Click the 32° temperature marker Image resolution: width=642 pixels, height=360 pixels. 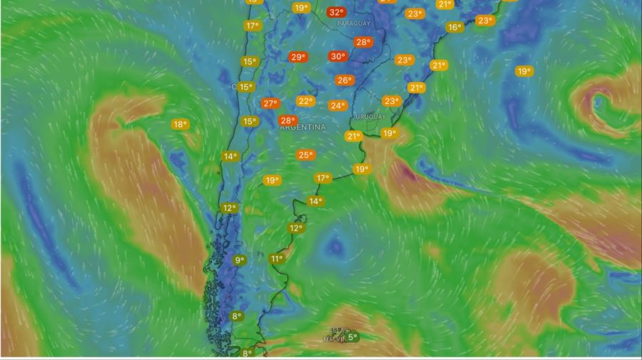[337, 12]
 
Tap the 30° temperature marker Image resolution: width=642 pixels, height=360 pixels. [337, 56]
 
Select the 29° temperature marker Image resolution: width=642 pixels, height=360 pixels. [298, 57]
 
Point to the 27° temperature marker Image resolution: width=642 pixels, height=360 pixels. [270, 103]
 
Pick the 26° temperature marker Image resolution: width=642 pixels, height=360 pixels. [345, 81]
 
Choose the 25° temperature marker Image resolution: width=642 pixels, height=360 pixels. [305, 155]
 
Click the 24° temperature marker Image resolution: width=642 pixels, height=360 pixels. [337, 106]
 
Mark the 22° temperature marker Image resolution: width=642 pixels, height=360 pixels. [306, 101]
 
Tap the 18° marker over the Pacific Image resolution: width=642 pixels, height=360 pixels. [180, 125]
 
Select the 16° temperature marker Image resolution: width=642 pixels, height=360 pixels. [454, 27]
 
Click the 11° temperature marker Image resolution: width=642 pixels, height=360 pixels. [277, 259]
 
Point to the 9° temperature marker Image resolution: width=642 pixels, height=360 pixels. [240, 260]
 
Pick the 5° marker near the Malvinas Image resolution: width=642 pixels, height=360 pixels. [352, 337]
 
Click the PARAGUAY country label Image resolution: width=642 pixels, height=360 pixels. [355, 24]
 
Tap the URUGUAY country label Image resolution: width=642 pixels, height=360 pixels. [370, 117]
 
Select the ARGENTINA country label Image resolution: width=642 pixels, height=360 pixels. [302, 127]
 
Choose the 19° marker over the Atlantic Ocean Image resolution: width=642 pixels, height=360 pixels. [524, 71]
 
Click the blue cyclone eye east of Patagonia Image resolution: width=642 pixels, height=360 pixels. [334, 247]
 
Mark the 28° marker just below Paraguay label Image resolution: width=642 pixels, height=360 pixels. [363, 42]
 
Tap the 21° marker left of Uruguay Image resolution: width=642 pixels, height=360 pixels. [353, 135]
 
